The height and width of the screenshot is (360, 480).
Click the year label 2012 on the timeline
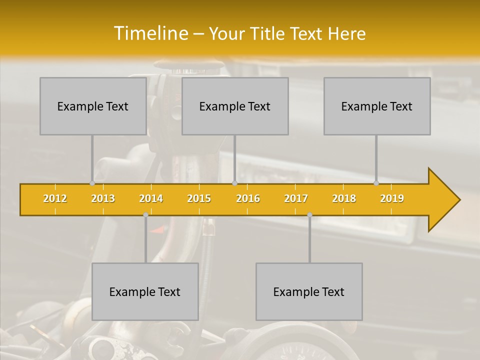click(x=55, y=198)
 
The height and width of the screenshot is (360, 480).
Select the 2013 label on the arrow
click(x=103, y=198)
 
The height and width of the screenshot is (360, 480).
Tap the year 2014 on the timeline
click(x=151, y=198)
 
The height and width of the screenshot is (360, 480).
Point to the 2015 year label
click(x=199, y=198)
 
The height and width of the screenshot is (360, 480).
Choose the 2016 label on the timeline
click(x=248, y=198)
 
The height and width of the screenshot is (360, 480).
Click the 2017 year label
click(x=296, y=198)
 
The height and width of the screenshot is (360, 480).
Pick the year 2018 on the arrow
click(x=344, y=198)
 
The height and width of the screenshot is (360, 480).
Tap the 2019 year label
click(x=392, y=198)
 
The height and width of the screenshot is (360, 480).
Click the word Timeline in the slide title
click(x=150, y=33)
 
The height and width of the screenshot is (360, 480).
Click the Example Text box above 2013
click(x=93, y=106)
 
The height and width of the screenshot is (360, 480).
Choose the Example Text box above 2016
click(x=235, y=106)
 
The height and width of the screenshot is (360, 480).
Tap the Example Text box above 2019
click(x=377, y=106)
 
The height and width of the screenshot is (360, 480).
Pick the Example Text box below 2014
click(x=145, y=291)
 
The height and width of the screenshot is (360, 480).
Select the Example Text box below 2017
click(x=309, y=291)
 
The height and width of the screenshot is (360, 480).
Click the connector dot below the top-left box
click(x=92, y=183)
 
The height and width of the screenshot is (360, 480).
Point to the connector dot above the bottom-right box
click(x=309, y=215)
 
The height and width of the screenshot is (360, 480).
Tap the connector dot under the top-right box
click(x=376, y=183)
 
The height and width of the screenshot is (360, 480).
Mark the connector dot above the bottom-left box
click(x=145, y=215)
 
